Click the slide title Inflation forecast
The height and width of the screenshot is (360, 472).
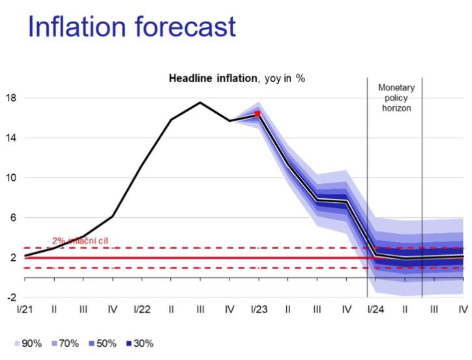[130, 27]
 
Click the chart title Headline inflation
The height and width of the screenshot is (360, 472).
[237, 78]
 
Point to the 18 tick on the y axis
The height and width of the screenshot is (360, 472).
[12, 98]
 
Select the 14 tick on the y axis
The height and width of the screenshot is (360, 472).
[12, 138]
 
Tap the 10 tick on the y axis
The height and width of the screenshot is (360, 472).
[12, 178]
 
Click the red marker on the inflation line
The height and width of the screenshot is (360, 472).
[258, 113]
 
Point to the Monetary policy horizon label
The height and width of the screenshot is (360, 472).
[396, 97]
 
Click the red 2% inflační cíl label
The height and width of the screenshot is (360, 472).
[80, 241]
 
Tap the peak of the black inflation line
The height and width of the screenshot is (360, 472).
[200, 102]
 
